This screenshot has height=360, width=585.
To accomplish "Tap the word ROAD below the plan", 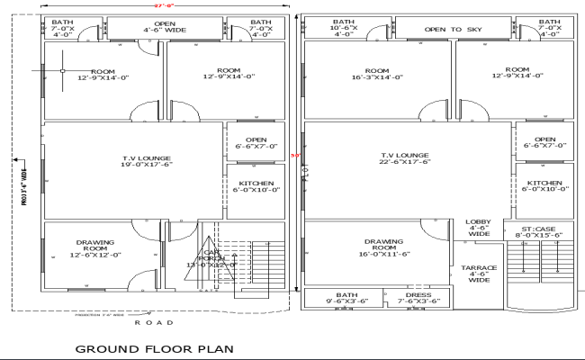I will click(x=148, y=321).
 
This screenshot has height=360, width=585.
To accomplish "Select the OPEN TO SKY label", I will click(x=454, y=30).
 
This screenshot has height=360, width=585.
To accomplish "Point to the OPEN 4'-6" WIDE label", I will click(x=165, y=27).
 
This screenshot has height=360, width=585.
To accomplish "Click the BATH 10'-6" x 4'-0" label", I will click(x=344, y=27).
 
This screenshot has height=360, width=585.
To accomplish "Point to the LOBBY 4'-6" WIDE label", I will click(x=477, y=229).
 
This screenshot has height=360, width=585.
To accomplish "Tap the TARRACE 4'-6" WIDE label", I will click(x=479, y=274).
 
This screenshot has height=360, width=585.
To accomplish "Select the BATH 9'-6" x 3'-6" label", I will click(x=346, y=298).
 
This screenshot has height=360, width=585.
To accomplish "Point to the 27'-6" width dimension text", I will click(x=162, y=5).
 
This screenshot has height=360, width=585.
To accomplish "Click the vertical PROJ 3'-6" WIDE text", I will click(x=24, y=182).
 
